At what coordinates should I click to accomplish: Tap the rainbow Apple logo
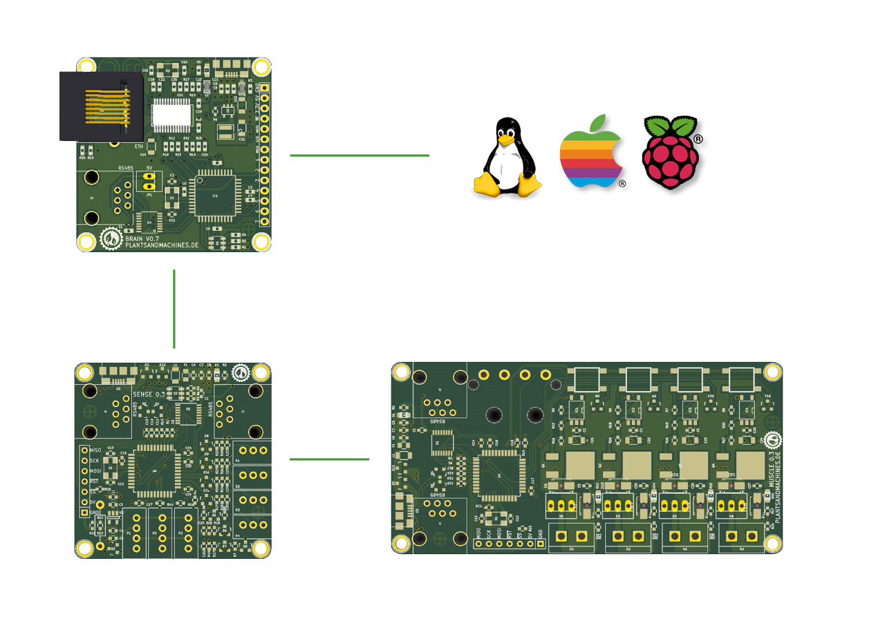(594, 158)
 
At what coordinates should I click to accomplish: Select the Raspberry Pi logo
(670, 158)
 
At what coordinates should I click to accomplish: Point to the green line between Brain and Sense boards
(174, 309)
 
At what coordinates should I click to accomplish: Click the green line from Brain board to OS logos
(359, 155)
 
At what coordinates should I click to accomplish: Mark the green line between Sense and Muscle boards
(329, 459)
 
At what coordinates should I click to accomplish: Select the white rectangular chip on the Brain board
(172, 114)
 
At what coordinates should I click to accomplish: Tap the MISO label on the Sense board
(95, 450)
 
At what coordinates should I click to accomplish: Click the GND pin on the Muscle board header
(541, 544)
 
